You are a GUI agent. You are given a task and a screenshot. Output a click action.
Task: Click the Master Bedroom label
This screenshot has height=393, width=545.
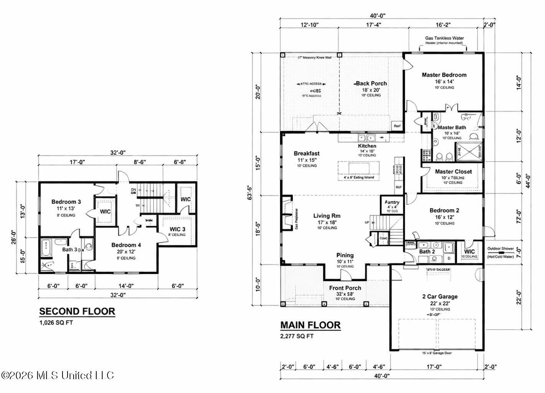(444, 75)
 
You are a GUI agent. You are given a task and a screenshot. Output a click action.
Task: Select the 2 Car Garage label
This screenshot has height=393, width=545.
(440, 296)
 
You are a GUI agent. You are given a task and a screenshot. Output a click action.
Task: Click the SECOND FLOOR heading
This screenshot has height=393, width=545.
(77, 311)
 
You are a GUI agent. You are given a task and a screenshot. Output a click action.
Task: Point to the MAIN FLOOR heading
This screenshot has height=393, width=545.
(310, 325)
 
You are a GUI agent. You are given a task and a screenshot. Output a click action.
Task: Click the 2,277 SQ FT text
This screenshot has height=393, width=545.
(297, 336)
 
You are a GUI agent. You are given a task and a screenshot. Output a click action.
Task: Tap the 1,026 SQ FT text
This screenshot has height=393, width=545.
(56, 322)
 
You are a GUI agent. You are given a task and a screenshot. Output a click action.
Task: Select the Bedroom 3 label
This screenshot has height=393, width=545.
(66, 201)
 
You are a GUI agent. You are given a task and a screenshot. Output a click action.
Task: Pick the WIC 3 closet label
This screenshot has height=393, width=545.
(177, 229)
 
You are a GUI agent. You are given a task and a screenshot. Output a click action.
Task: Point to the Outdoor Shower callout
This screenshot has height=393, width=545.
(500, 249)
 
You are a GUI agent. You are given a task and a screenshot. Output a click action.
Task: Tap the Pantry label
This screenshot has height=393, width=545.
(392, 202)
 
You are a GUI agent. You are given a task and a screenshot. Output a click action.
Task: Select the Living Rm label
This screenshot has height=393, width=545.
(327, 216)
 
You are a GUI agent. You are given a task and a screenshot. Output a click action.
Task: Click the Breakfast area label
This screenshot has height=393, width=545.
(306, 154)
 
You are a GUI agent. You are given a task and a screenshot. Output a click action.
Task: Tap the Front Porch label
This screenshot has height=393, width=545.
(345, 288)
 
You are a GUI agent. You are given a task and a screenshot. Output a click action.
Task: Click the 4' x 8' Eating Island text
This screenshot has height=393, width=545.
(358, 177)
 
